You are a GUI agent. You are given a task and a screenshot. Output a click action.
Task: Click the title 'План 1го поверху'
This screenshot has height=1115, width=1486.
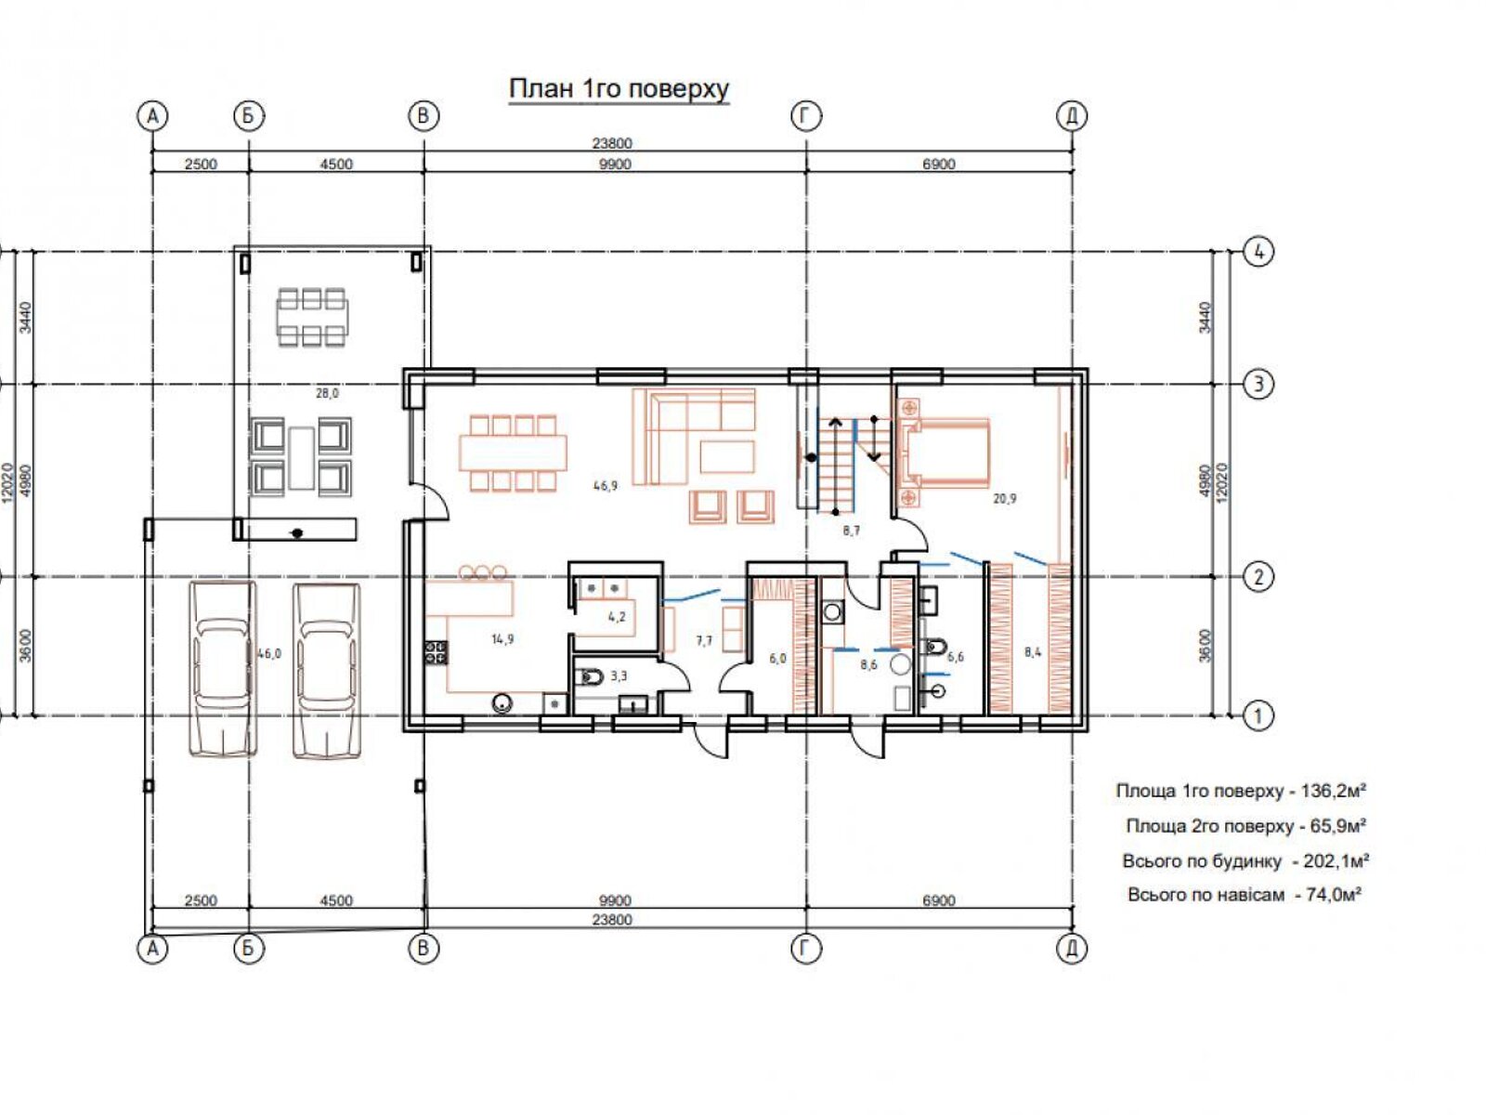(x=619, y=88)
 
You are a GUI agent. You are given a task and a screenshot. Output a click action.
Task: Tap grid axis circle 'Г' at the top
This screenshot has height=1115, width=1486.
(x=805, y=116)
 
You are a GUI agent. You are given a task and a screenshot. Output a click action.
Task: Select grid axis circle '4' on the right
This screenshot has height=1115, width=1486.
(x=1258, y=253)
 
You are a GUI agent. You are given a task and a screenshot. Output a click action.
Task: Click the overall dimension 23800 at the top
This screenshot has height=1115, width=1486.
(x=611, y=143)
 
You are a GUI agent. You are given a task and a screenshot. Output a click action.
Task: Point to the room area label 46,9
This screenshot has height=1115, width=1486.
(x=605, y=485)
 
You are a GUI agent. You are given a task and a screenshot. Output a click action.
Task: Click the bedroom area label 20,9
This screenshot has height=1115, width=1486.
(x=1005, y=498)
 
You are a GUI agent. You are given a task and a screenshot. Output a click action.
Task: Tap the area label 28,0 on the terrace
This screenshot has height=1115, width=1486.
(x=327, y=393)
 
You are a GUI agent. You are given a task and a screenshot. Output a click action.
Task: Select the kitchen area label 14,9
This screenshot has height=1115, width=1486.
(x=502, y=638)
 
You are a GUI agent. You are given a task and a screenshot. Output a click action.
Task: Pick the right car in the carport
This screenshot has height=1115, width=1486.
(x=326, y=669)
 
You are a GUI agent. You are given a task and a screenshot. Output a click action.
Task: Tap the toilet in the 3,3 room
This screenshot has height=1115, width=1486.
(x=591, y=676)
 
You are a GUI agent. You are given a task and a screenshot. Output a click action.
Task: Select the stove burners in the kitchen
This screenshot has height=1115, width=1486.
(x=437, y=651)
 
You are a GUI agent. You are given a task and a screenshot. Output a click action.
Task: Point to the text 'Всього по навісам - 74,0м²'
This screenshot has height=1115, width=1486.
(x=1245, y=895)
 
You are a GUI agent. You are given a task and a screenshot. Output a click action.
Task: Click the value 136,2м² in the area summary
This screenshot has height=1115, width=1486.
(x=1333, y=790)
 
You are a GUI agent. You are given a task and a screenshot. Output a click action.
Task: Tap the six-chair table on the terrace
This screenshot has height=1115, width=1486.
(x=312, y=318)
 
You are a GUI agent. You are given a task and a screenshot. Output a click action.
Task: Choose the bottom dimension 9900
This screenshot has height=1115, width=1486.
(x=615, y=900)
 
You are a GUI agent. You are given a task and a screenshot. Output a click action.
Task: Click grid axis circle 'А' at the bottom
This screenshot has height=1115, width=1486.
(x=152, y=949)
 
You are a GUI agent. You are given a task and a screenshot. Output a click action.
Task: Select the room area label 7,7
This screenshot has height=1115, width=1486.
(x=704, y=640)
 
